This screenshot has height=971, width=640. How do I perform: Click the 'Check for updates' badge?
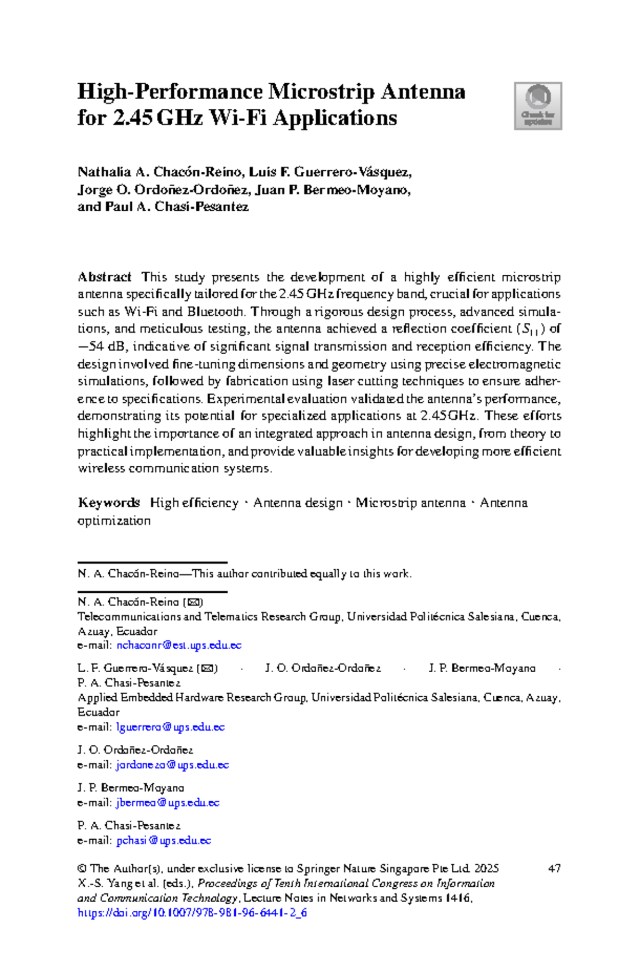538,106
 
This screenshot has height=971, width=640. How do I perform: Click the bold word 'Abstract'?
105,277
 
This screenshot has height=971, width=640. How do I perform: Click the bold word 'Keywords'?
109,503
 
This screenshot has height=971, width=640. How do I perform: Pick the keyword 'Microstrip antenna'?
410,503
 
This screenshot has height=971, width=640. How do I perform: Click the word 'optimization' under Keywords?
114,520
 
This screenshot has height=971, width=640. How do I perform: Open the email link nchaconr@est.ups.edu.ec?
179,645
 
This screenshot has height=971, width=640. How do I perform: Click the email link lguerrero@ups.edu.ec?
170,727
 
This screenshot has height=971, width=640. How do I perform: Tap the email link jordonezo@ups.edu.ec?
172,765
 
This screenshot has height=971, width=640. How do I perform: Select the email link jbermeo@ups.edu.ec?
167,802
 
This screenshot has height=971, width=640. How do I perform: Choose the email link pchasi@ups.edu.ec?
164,840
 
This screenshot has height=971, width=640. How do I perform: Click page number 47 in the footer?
554,868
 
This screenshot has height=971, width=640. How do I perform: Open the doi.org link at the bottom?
192,912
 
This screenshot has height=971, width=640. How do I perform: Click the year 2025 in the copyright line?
486,868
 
